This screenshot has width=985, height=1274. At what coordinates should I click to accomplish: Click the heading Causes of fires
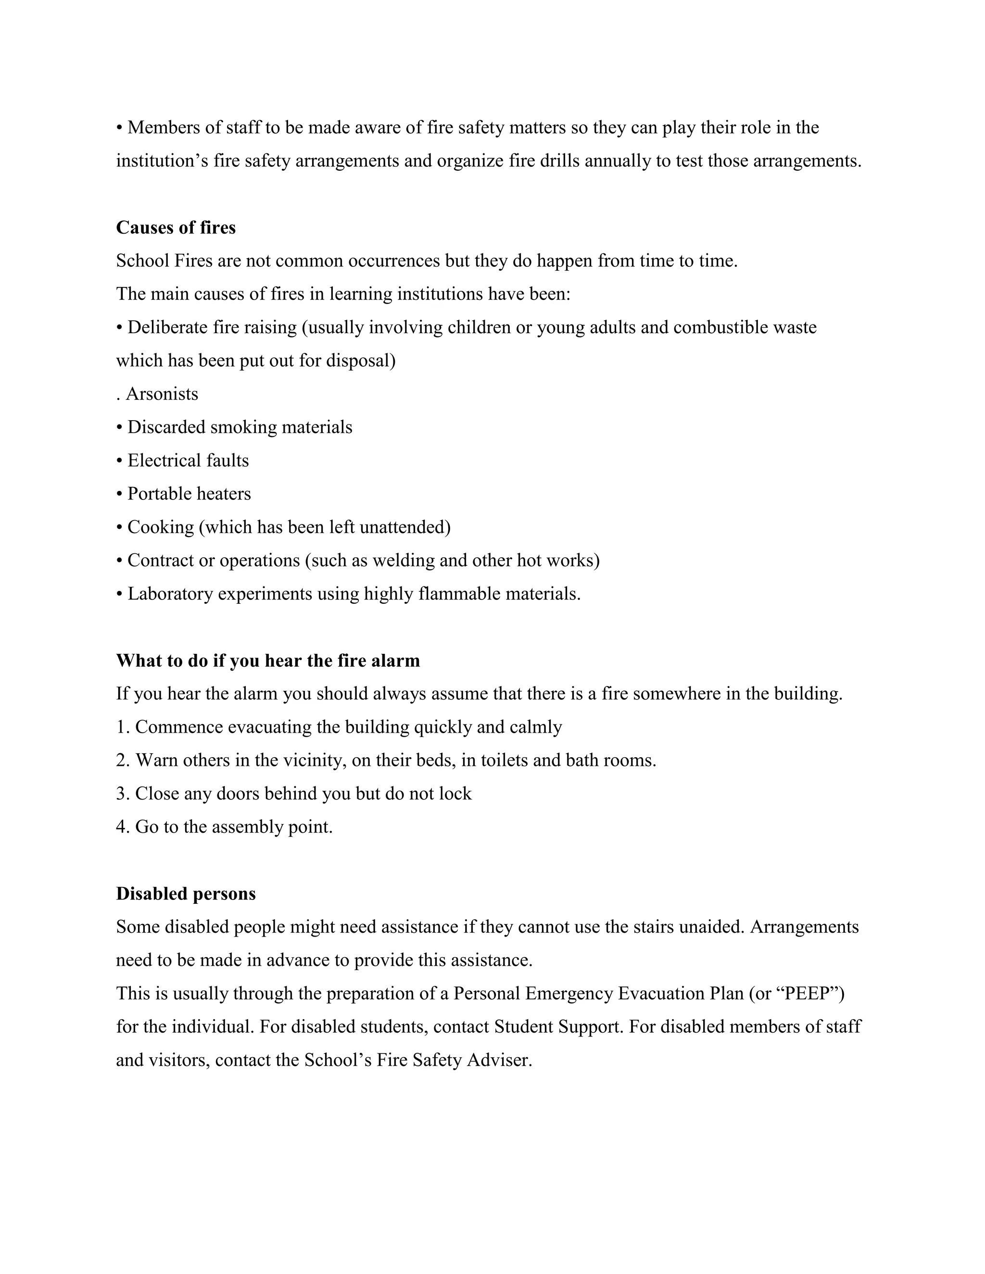[x=176, y=227]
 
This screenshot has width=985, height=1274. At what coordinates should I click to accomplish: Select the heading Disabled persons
[x=186, y=894]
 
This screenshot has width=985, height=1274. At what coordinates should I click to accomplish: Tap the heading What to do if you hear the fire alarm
[x=268, y=661]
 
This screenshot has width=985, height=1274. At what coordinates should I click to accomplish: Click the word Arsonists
[x=162, y=394]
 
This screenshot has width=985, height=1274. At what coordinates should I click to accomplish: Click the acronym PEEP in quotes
[x=807, y=993]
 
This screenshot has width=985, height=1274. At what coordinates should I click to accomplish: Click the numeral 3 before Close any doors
[x=120, y=794]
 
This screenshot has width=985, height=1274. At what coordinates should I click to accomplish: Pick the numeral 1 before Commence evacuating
[x=120, y=727]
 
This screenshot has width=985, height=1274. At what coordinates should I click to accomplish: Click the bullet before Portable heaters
[x=119, y=494]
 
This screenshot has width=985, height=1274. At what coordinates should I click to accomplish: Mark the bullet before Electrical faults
[x=119, y=461]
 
